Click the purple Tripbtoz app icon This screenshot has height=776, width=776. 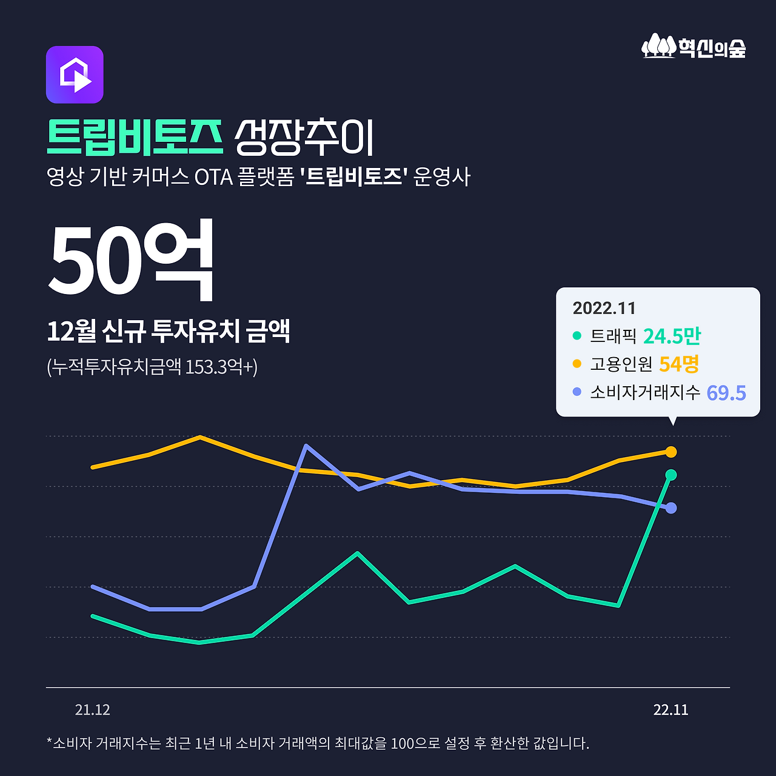point(75,75)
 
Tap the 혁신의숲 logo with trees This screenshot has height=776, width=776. point(694,46)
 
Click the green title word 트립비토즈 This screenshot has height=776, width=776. point(135,137)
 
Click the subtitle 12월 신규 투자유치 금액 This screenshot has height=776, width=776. point(169,331)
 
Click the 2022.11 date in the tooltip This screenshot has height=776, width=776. point(604,308)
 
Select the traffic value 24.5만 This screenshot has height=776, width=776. point(672,336)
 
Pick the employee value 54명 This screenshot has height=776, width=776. point(679,364)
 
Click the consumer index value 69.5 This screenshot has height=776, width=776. point(726,393)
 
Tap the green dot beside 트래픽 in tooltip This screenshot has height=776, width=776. point(577,335)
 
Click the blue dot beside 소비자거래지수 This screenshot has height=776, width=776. point(577,392)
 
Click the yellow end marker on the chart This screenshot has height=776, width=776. point(671,452)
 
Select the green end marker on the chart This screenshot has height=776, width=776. point(671,475)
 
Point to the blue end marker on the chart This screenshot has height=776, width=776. point(671,508)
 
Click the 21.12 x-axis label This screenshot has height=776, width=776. point(92,710)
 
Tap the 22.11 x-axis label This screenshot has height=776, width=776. point(671,710)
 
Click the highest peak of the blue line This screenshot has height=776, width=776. point(307,446)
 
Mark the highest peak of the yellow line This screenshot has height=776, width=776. point(200,436)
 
